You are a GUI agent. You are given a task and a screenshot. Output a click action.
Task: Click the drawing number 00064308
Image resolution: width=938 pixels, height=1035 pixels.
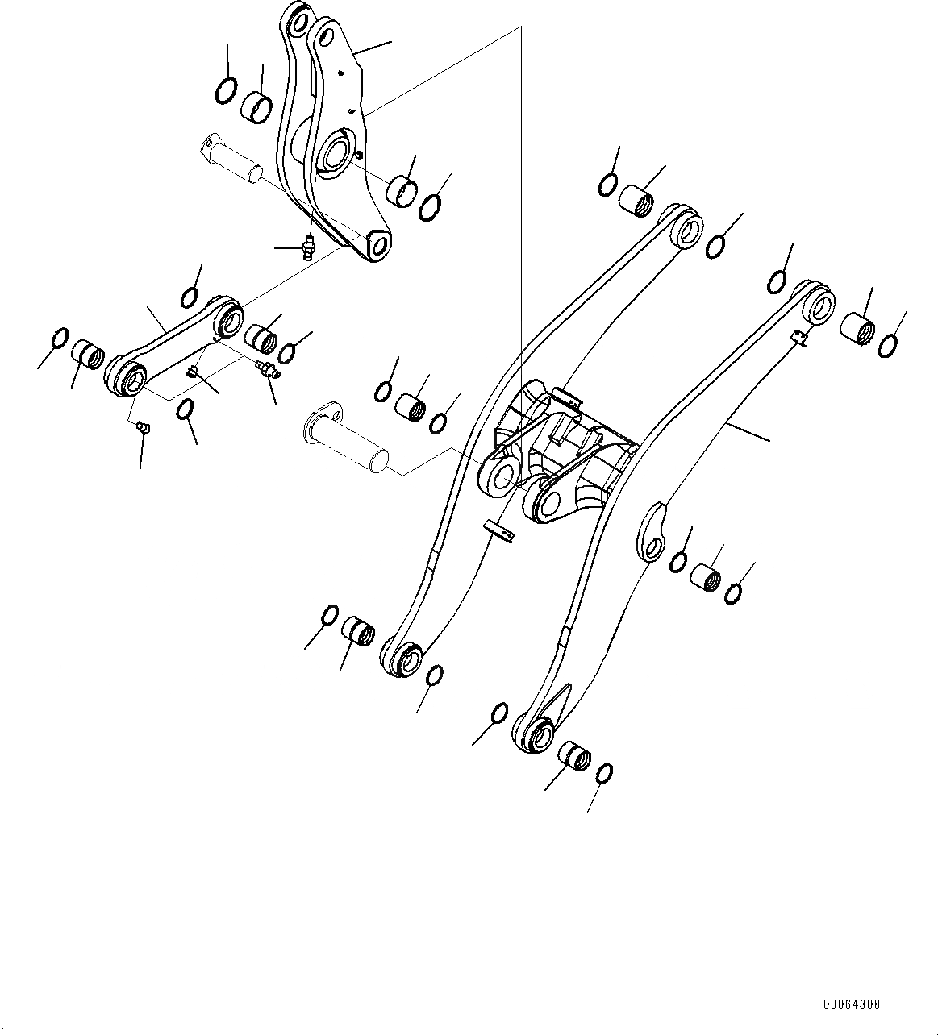coord(851,1005)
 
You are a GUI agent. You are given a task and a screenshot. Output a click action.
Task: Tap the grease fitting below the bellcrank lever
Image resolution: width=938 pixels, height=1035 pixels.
coord(308,247)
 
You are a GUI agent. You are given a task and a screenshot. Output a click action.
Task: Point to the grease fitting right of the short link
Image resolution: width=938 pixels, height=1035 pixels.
coord(267,371)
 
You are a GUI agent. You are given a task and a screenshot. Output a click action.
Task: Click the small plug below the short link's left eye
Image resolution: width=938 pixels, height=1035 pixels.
coord(142,426)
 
